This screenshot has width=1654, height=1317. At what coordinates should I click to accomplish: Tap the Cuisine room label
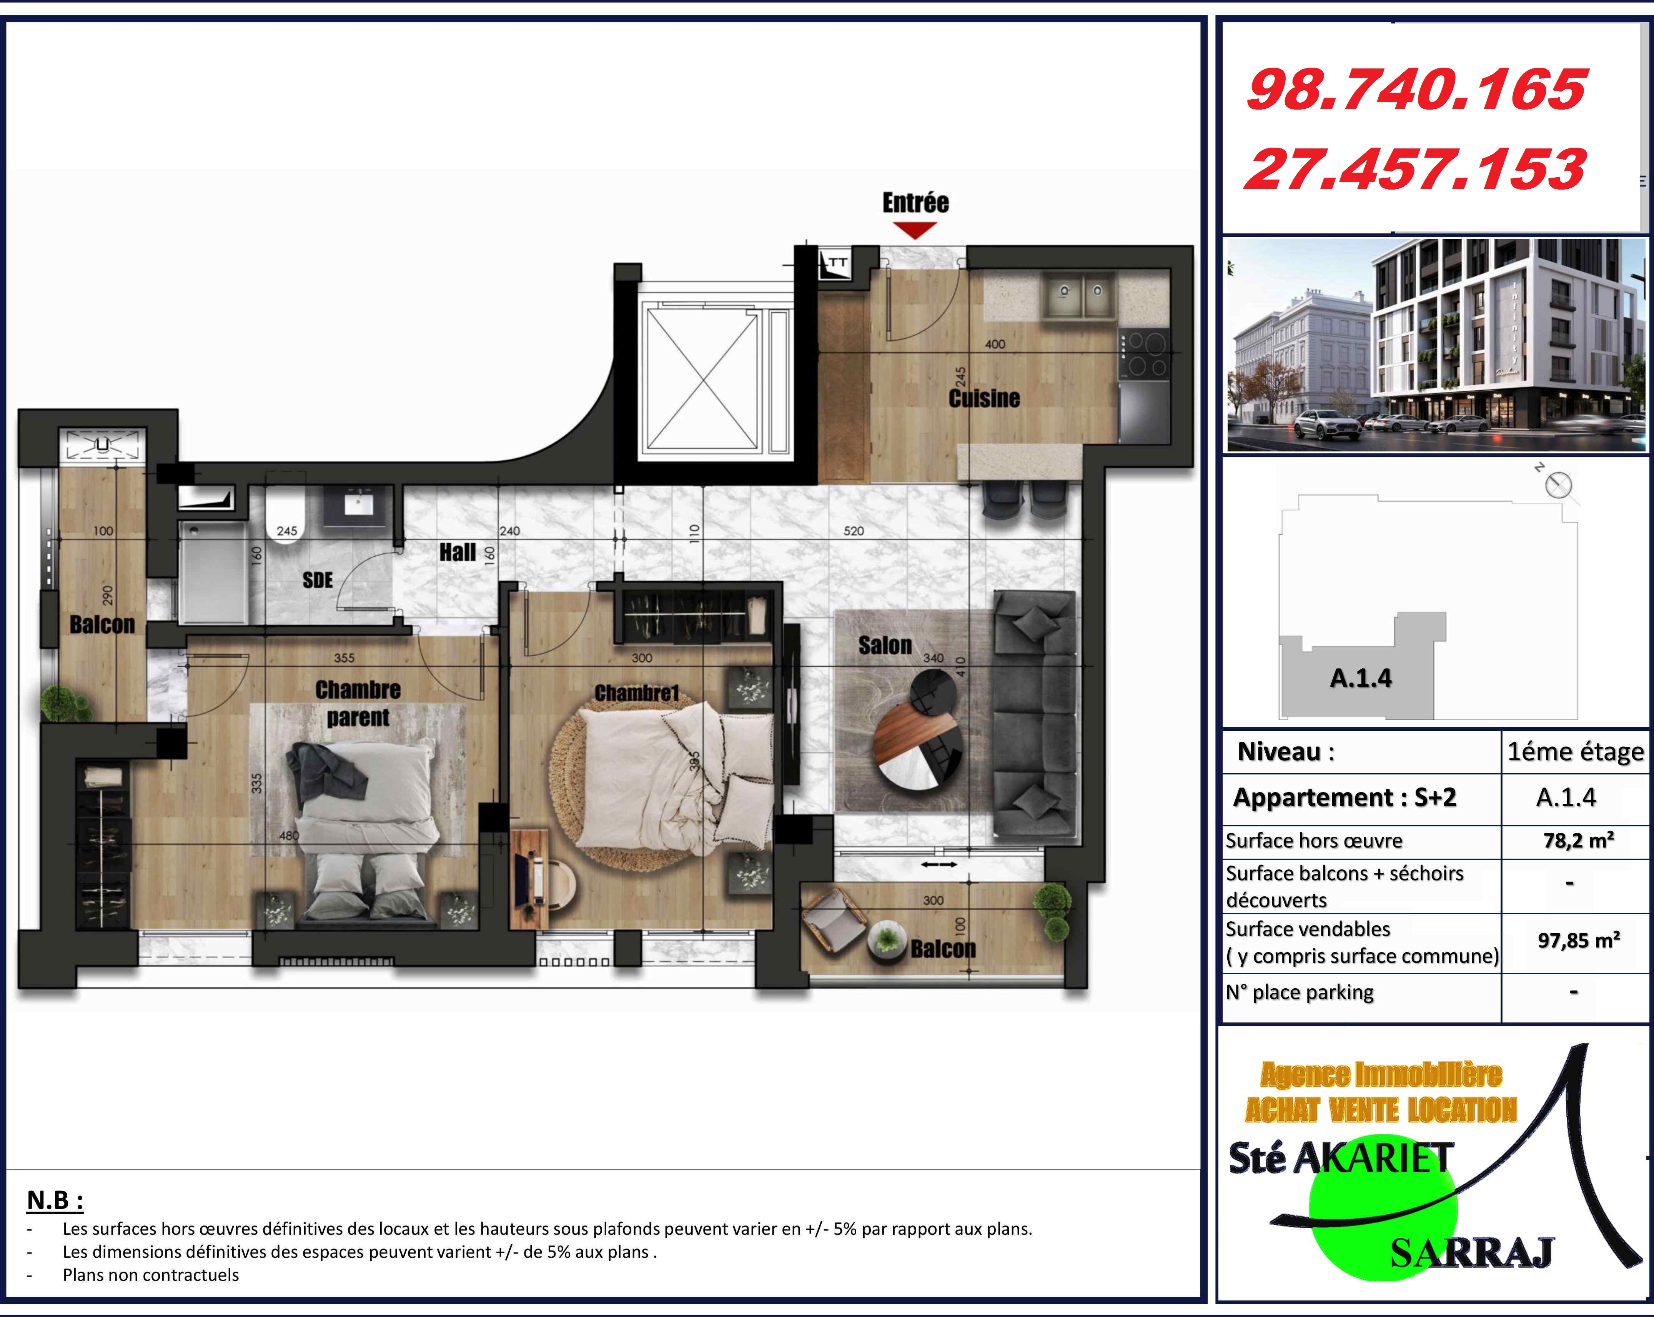pos(984,398)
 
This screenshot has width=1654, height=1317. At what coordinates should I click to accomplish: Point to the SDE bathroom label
pos(318,580)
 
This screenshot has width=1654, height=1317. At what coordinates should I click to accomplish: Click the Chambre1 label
pos(637,693)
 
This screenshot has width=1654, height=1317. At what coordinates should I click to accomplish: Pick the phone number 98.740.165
pos(1415,90)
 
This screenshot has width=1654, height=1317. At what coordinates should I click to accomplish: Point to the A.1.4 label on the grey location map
pos(1360,678)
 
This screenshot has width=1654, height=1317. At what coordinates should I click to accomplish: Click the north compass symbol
pos(1558,485)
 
